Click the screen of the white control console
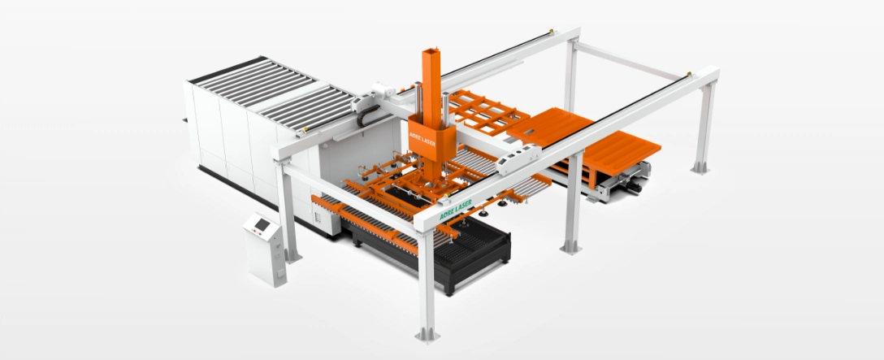click(262, 225)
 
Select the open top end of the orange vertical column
click(431, 53)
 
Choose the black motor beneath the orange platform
click(635, 187)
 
